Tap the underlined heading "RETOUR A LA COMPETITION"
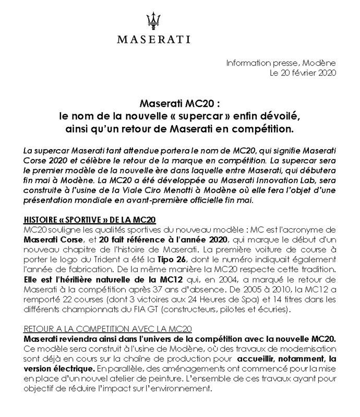coord(109,329)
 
